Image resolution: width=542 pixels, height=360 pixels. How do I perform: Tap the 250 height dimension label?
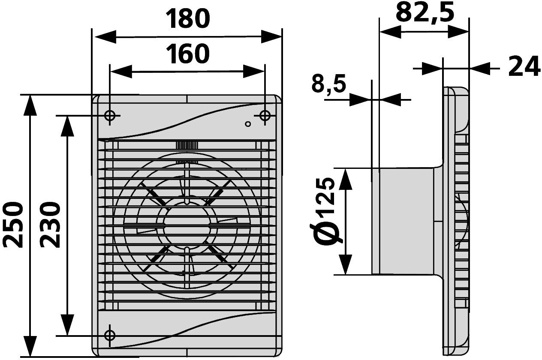tap(13, 225)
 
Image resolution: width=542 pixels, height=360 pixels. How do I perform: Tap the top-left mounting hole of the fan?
tap(110, 115)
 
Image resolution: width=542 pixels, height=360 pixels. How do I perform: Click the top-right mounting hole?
tap(265, 115)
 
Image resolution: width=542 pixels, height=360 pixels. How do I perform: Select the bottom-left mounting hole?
tap(110, 335)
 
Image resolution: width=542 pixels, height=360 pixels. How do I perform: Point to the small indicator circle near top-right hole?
tap(247, 124)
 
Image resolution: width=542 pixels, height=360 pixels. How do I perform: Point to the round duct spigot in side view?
tap(403, 221)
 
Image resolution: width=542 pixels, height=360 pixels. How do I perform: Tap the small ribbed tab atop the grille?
tap(187, 145)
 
